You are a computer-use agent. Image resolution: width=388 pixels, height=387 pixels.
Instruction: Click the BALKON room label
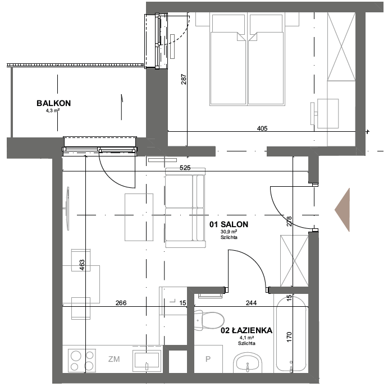click(54, 103)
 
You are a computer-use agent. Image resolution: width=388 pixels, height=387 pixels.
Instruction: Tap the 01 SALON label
click(229, 224)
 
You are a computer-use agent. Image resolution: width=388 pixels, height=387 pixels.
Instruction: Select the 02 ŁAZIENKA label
click(247, 330)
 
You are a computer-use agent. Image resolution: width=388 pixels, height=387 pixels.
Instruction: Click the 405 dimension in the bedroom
click(262, 128)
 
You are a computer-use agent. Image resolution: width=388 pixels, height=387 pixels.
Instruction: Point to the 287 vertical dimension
click(184, 79)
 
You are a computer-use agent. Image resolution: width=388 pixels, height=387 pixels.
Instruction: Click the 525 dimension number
click(185, 168)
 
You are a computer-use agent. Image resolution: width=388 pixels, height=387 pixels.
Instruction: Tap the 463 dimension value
click(82, 265)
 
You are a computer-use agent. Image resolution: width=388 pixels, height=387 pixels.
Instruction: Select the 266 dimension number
click(121, 303)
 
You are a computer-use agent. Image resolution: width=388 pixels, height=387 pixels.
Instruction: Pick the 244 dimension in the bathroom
click(251, 303)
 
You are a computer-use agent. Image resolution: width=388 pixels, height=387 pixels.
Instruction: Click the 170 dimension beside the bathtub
click(289, 337)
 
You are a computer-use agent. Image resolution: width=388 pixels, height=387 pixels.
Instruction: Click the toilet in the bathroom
click(209, 320)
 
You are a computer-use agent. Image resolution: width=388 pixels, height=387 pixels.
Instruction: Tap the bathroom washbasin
click(248, 362)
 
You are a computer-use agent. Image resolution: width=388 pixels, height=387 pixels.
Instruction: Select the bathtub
click(291, 334)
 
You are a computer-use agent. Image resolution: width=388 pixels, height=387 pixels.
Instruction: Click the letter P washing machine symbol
click(208, 359)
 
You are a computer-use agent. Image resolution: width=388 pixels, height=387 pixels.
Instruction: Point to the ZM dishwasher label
click(114, 359)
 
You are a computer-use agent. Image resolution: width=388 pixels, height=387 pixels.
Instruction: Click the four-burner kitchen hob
click(82, 360)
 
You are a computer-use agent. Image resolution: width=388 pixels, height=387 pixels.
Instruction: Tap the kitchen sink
click(147, 359)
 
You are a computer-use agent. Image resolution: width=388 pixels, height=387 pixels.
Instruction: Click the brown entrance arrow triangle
click(342, 210)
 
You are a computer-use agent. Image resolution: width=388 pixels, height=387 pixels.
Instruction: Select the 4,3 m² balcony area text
click(53, 110)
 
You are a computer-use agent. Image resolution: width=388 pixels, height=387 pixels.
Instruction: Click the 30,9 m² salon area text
click(229, 232)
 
